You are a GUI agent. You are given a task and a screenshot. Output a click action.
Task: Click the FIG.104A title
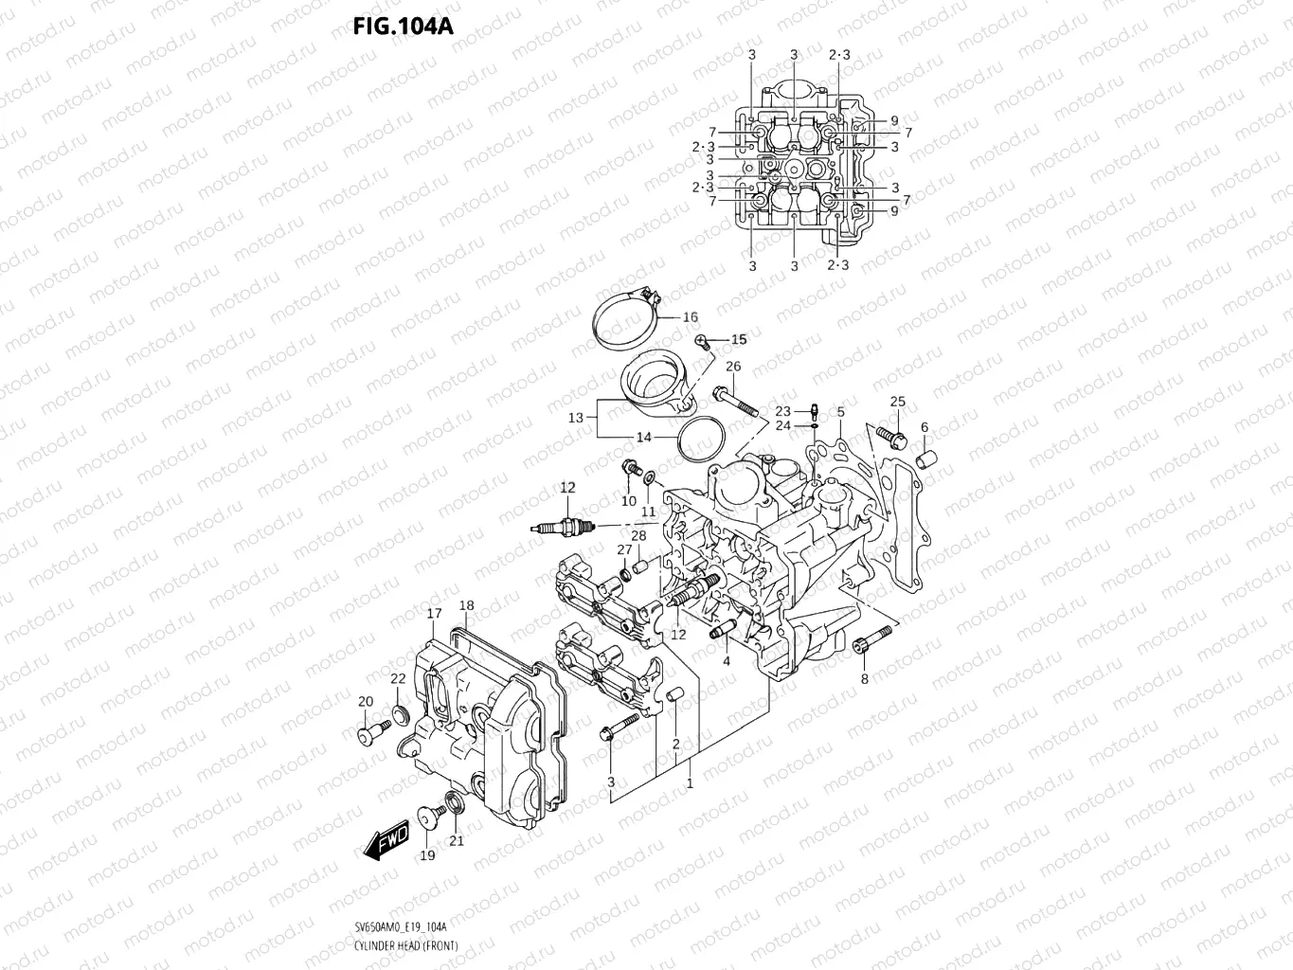click(403, 26)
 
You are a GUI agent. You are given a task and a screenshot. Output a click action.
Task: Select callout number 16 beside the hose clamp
click(690, 317)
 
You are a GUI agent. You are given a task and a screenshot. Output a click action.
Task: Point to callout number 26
click(732, 367)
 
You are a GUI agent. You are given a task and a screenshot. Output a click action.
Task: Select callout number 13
click(576, 417)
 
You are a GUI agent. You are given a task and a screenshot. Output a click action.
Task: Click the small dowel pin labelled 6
click(925, 459)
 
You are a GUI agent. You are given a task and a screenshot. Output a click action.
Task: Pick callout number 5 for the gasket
click(840, 412)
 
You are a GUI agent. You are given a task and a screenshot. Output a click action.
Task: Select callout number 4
click(727, 661)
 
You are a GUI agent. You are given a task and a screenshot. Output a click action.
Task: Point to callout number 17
click(434, 614)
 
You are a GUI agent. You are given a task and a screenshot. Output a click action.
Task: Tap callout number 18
click(466, 605)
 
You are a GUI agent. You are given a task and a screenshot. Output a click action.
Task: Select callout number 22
click(398, 678)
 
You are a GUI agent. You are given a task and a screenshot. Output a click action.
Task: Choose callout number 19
click(427, 855)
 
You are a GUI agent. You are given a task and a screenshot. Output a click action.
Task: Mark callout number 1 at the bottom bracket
click(690, 783)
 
